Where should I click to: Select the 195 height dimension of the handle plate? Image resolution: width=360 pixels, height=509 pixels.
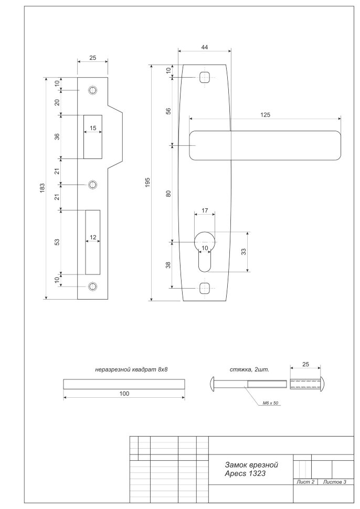pyautogui.click(x=148, y=182)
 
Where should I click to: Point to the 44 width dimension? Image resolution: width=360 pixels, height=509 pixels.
pyautogui.click(x=204, y=47)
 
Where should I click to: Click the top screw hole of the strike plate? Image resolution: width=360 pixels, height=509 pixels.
pyautogui.click(x=93, y=90)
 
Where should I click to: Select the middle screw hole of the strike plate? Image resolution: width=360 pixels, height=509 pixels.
pyautogui.click(x=93, y=185)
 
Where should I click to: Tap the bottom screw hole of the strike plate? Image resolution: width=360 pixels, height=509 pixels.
pyautogui.click(x=93, y=286)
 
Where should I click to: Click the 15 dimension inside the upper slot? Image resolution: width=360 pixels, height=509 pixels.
pyautogui.click(x=93, y=129)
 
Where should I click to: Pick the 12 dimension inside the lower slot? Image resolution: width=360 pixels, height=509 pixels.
pyautogui.click(x=93, y=237)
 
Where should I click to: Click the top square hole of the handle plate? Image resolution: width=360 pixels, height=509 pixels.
pyautogui.click(x=204, y=77)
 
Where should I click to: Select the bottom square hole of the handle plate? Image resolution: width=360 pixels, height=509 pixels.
pyautogui.click(x=204, y=288)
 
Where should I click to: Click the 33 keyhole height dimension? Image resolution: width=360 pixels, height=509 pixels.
pyautogui.click(x=243, y=252)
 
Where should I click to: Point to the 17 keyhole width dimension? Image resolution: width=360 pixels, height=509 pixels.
pyautogui.click(x=204, y=211)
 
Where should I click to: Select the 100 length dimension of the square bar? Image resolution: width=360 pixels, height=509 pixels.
pyautogui.click(x=123, y=393)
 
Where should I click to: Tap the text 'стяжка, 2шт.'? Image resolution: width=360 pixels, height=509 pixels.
pyautogui.click(x=249, y=369)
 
